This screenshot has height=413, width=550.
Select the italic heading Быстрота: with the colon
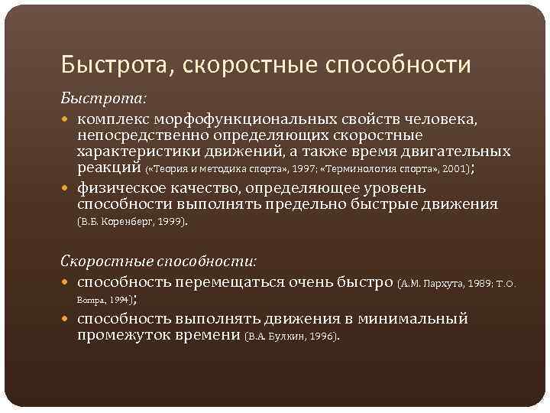tap(93, 99)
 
